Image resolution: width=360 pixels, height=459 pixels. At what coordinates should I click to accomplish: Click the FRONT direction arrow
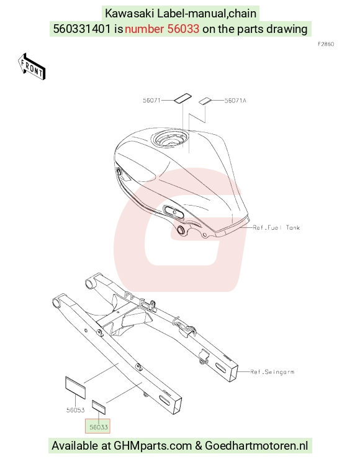(x=32, y=66)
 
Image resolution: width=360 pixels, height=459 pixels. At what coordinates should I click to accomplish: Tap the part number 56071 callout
(x=151, y=101)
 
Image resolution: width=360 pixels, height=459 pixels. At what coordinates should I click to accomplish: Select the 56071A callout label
(x=235, y=101)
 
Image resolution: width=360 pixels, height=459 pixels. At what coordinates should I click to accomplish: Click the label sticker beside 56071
(x=182, y=98)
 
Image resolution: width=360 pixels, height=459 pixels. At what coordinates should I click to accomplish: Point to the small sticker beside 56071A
(x=205, y=101)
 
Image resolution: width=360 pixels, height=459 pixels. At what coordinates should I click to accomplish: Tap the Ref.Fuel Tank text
(x=276, y=227)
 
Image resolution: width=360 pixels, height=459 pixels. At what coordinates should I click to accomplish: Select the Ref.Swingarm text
(x=272, y=372)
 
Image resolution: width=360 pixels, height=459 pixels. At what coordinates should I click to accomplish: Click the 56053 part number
(x=76, y=410)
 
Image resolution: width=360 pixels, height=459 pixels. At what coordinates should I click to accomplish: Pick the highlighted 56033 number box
(x=97, y=427)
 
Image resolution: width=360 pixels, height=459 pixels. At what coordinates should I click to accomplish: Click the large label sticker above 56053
(x=75, y=388)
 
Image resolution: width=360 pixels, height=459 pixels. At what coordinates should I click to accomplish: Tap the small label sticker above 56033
(x=99, y=407)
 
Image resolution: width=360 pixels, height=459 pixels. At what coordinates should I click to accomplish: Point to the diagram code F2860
(x=326, y=44)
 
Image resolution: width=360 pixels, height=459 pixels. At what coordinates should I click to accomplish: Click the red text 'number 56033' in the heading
(x=162, y=29)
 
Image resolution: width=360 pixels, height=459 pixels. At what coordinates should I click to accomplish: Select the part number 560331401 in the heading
(x=82, y=29)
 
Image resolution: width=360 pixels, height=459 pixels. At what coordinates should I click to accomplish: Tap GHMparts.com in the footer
(x=152, y=446)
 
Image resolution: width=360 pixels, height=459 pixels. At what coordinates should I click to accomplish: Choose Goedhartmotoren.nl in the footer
(x=256, y=446)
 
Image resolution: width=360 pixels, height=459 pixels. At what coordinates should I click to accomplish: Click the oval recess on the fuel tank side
(x=174, y=211)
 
